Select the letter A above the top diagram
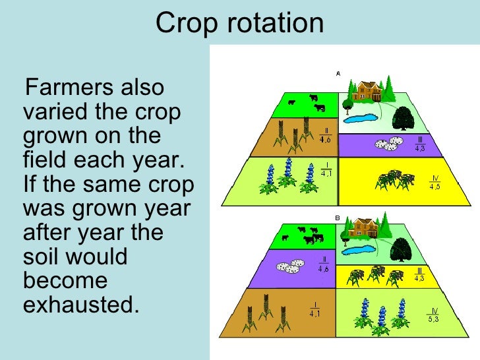(x=338, y=73)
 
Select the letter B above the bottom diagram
(x=338, y=216)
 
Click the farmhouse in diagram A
(x=366, y=91)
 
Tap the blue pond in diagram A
(x=361, y=119)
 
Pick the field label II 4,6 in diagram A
(x=325, y=135)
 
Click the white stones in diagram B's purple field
(x=289, y=266)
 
